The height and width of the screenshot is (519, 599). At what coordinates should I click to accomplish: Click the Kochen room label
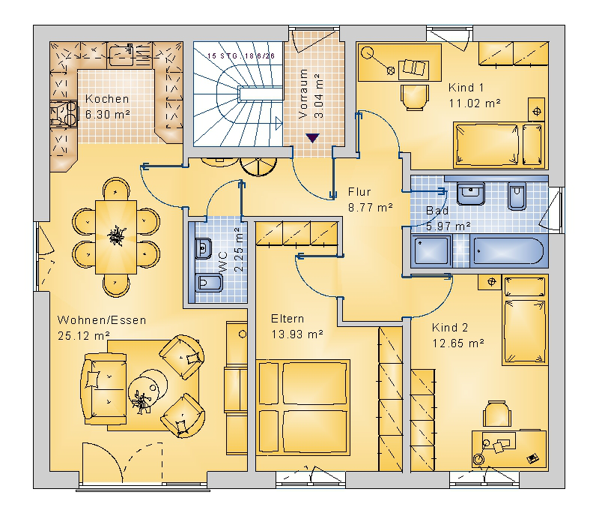[107, 99]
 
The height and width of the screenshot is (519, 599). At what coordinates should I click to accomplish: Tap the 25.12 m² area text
[84, 336]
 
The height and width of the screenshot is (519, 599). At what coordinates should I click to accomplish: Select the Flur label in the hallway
[359, 192]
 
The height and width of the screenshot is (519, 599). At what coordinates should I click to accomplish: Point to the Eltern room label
[288, 319]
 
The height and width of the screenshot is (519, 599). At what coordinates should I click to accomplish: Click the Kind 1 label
[466, 88]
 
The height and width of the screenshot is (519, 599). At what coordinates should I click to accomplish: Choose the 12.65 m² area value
[458, 343]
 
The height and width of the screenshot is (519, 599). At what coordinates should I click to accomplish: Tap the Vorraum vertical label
[303, 94]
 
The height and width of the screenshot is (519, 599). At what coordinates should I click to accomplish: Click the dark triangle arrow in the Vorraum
[312, 138]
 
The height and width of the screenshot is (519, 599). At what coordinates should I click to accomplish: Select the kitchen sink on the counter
[121, 55]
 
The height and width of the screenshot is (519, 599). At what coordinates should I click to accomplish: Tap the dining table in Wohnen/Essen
[116, 236]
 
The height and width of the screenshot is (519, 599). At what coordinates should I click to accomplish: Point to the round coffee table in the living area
[148, 389]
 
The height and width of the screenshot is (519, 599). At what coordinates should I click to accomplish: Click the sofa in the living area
[103, 388]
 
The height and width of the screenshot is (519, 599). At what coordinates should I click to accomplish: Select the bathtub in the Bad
[508, 251]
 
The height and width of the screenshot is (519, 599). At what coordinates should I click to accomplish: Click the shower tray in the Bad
[431, 251]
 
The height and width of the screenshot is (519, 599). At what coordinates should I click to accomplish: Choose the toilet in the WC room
[209, 283]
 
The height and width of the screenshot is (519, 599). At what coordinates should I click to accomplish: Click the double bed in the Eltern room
[303, 406]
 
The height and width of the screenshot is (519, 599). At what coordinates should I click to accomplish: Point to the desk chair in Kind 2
[497, 414]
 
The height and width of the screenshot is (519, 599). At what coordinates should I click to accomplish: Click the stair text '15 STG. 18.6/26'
[241, 56]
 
